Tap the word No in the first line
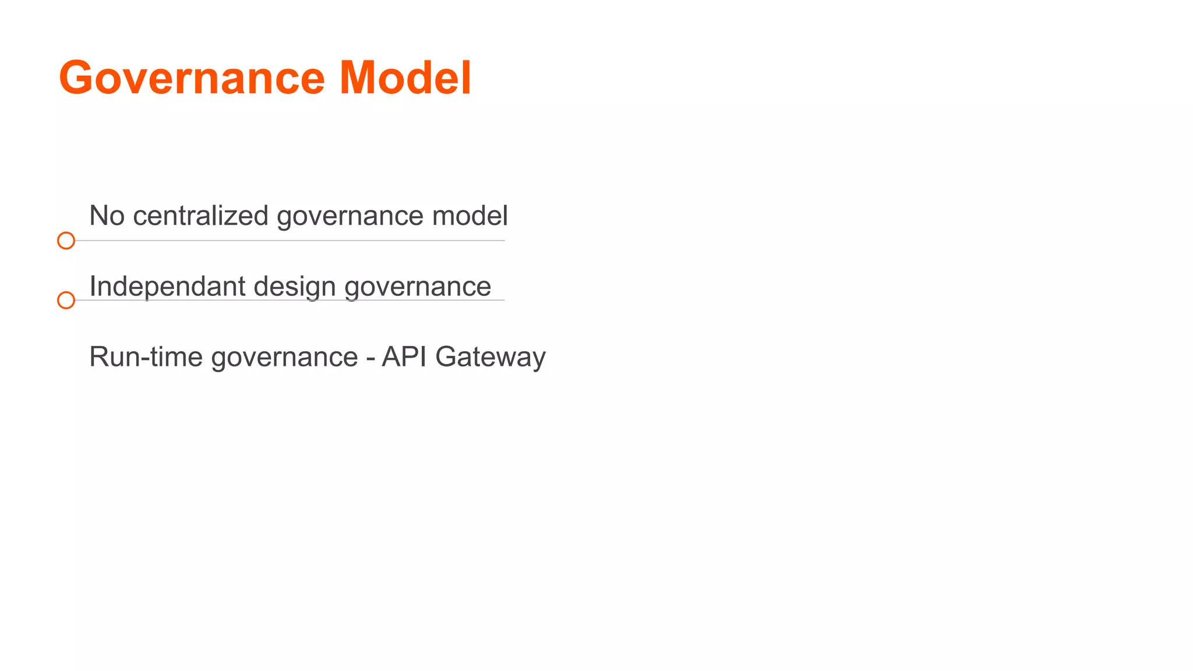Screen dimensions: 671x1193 (x=107, y=216)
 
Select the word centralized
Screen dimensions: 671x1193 (x=200, y=216)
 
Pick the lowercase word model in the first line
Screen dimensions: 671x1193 (x=470, y=216)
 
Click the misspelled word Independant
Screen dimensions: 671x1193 (x=168, y=287)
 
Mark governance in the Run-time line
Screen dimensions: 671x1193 (x=284, y=358)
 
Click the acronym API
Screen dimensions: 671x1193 (x=404, y=356)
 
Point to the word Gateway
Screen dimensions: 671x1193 (x=490, y=358)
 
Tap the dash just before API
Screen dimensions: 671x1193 (x=370, y=358)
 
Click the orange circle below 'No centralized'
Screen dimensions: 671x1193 (x=66, y=241)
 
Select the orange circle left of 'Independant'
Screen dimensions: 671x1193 (x=66, y=301)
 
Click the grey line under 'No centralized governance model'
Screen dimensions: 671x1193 (x=291, y=241)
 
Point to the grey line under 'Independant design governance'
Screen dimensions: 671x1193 (x=291, y=301)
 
